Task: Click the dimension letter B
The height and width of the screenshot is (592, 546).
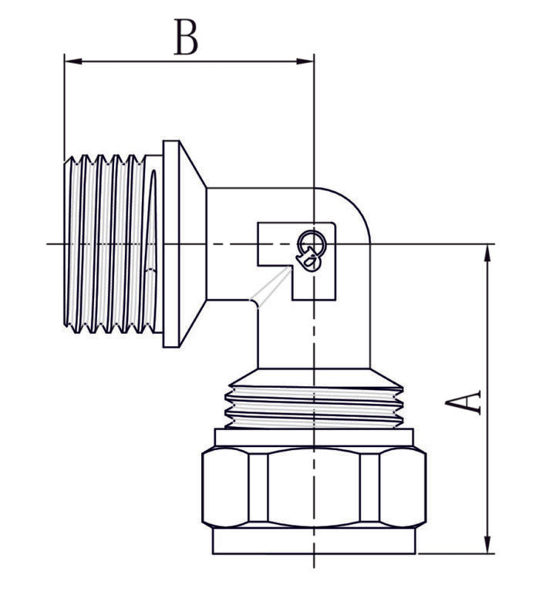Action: (185, 38)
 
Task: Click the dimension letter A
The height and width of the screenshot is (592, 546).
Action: (467, 402)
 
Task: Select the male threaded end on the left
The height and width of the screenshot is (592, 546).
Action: (108, 245)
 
